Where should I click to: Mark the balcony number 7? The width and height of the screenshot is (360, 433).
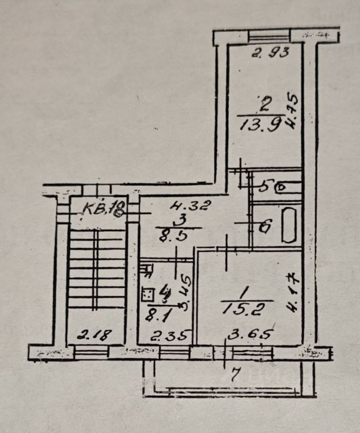point(234,375)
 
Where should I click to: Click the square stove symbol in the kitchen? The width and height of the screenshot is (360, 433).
point(147,295)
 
